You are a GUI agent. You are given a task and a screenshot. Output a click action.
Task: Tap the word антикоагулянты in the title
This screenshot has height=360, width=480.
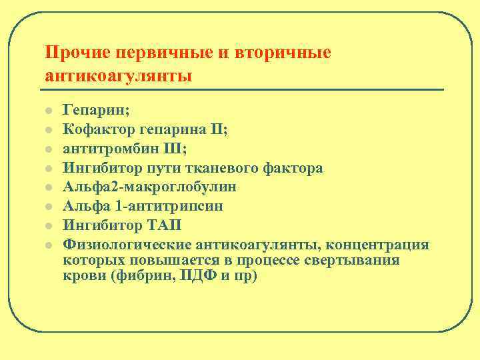point(118,75)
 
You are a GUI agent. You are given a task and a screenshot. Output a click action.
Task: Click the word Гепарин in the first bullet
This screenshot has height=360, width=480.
point(90,111)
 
